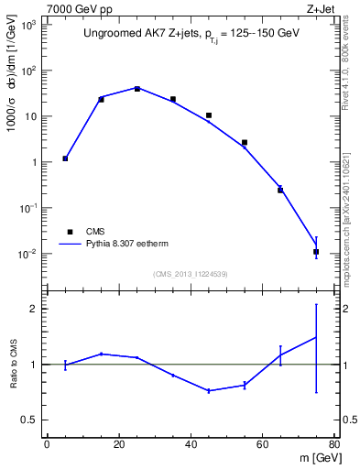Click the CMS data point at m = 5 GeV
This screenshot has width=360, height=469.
coord(65,158)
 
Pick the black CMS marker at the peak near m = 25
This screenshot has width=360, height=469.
coord(136,89)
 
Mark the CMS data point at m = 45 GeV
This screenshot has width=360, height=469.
coord(209,115)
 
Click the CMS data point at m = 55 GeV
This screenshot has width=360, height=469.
coord(245,143)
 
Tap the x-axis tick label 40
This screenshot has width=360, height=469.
coord(191,446)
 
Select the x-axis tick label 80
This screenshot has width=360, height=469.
coord(334,446)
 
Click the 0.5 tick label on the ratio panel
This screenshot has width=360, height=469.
coord(31,420)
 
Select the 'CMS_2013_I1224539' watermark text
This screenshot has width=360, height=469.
coord(191,274)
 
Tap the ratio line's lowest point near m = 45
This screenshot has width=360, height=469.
coord(209,391)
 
